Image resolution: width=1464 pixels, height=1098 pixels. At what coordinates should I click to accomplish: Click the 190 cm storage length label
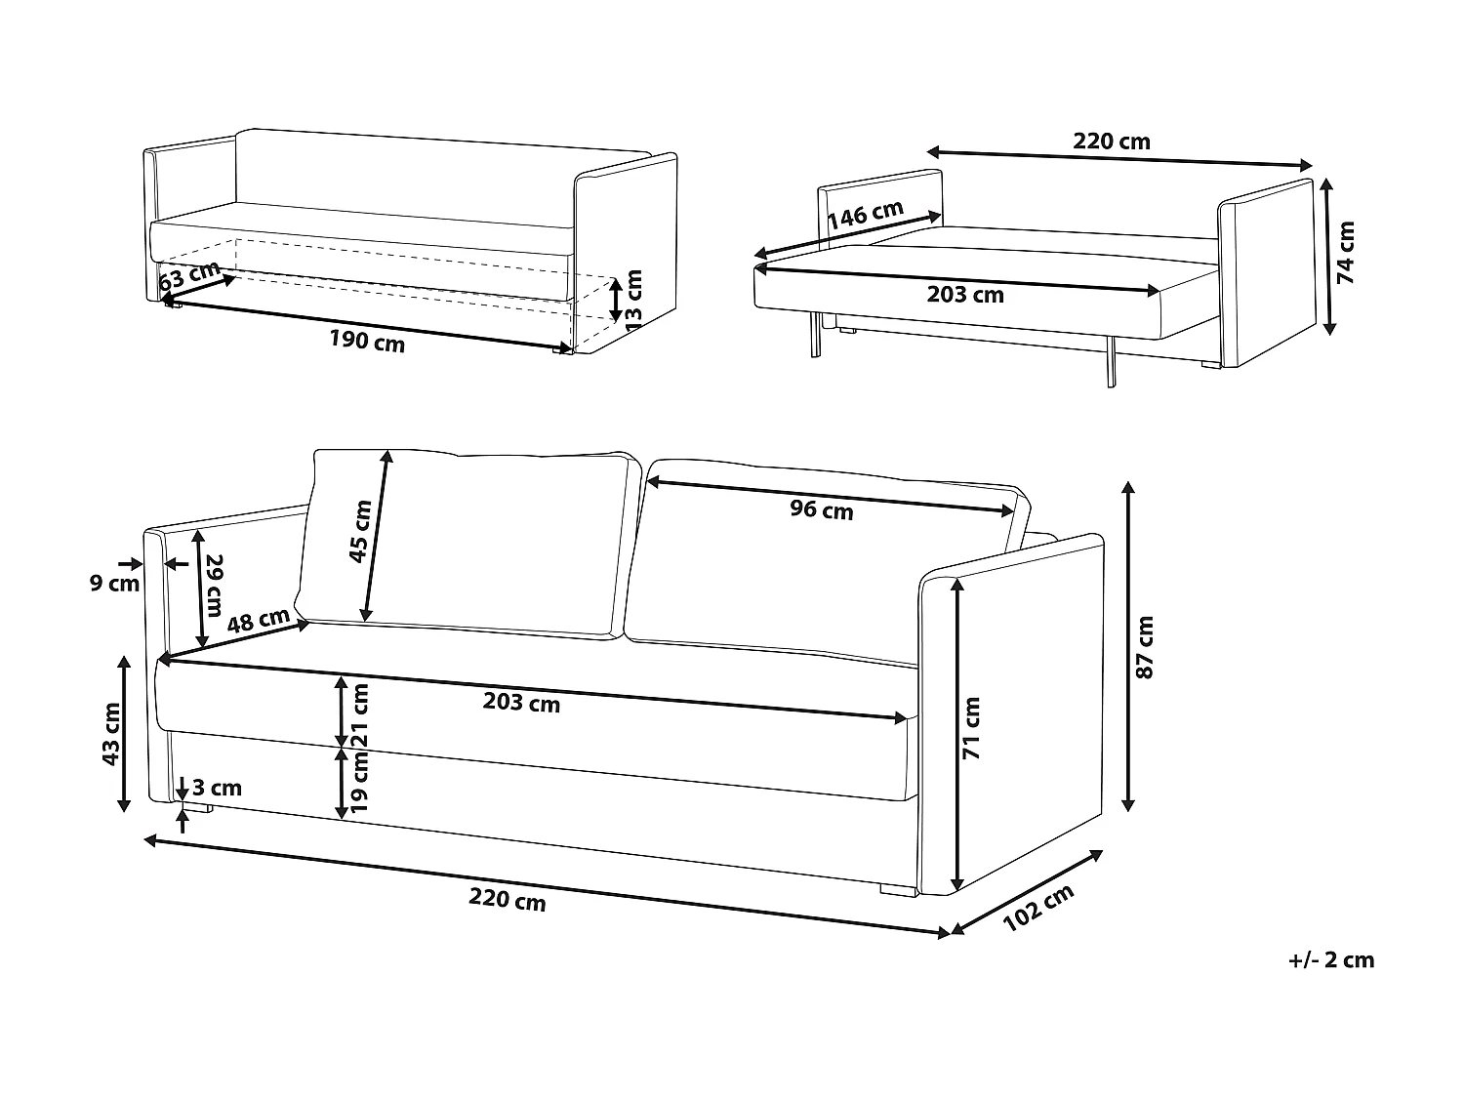(x=367, y=343)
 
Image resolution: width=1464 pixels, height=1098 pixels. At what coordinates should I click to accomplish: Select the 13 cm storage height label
(x=634, y=300)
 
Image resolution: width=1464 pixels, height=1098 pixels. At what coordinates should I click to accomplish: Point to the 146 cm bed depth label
(x=865, y=215)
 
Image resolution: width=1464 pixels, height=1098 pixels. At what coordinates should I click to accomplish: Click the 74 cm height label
(x=1346, y=253)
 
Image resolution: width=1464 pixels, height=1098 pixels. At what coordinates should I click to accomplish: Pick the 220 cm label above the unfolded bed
(x=1112, y=142)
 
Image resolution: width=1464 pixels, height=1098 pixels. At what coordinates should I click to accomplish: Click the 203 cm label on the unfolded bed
(x=964, y=294)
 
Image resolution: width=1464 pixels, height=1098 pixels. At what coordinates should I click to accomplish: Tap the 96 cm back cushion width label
(x=821, y=509)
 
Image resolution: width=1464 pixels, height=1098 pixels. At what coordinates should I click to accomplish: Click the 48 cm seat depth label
(x=259, y=621)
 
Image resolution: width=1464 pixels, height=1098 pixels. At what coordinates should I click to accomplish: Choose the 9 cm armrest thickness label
(x=115, y=584)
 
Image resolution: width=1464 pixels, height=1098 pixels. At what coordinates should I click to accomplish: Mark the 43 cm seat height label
(x=111, y=734)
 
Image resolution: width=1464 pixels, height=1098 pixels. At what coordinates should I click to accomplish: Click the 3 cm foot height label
(x=217, y=788)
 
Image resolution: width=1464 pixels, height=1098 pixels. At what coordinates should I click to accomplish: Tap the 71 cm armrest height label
(x=972, y=728)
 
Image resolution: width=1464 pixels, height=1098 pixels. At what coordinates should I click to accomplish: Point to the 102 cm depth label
(x=1038, y=907)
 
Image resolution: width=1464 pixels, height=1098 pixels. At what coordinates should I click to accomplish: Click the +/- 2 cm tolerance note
(x=1330, y=959)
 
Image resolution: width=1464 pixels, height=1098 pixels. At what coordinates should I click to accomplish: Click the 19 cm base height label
(x=361, y=780)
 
